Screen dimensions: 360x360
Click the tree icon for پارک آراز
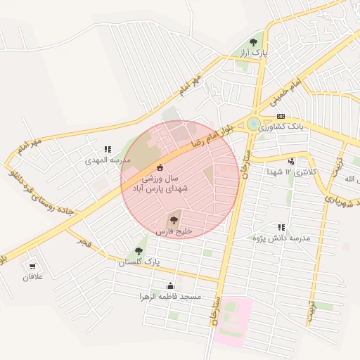[253, 42]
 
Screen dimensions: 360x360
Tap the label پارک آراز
[253, 53]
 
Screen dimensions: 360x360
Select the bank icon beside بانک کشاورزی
[281, 117]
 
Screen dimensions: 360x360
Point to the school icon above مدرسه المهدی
[108, 149]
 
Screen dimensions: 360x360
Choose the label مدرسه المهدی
[108, 160]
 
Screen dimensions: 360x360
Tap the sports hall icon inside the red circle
[160, 167]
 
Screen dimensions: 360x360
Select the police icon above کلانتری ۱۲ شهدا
[291, 162]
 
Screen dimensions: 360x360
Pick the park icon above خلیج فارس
[174, 220]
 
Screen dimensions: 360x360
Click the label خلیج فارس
[174, 231]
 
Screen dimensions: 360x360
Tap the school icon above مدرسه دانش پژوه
[281, 227]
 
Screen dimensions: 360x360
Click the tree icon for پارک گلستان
[139, 250]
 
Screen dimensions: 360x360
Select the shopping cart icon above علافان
[32, 266]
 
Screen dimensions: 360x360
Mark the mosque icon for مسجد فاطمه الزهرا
[170, 285]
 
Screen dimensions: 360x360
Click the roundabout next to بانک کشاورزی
[253, 124]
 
